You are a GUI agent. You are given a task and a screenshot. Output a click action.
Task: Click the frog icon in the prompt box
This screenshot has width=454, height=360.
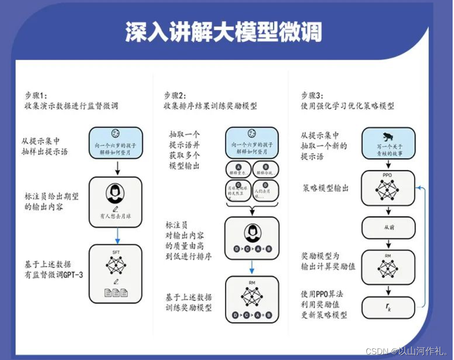click(x=388, y=137)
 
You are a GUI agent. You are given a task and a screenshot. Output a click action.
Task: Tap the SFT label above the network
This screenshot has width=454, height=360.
click(x=115, y=252)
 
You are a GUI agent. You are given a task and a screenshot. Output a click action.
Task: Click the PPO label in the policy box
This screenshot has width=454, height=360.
click(x=388, y=174)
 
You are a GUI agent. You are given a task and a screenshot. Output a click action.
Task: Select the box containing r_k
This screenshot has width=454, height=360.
click(x=388, y=308)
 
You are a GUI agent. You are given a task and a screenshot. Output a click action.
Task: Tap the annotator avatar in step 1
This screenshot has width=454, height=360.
click(x=115, y=194)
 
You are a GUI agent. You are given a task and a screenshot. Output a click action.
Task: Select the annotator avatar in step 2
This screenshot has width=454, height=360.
click(x=252, y=232)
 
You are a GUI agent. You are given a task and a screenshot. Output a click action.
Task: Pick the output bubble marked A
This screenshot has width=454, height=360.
click(x=239, y=170)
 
